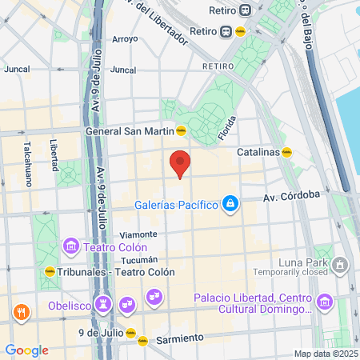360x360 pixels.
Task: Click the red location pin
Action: coord(181,163)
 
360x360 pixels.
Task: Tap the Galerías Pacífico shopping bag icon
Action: coord(230,204)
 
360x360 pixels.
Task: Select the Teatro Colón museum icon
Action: coord(70,245)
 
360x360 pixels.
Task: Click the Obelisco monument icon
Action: coord(102,304)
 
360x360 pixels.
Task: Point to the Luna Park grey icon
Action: coord(342,264)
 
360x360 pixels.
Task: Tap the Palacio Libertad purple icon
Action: coord(325,302)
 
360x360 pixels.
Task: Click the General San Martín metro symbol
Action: coord(182,130)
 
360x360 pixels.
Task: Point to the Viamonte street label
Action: coord(133,234)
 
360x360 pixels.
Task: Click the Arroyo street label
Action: coord(125,38)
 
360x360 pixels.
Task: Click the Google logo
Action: coord(26,350)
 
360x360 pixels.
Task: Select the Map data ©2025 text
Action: coord(324,354)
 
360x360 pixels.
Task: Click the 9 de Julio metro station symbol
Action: coord(131,332)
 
